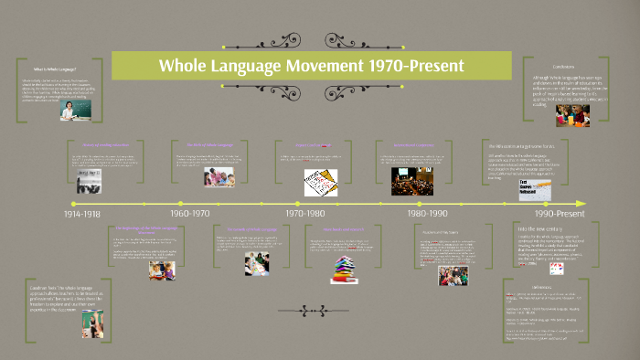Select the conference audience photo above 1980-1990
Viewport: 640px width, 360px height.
coord(412,180)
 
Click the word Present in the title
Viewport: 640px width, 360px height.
coord(432,66)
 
